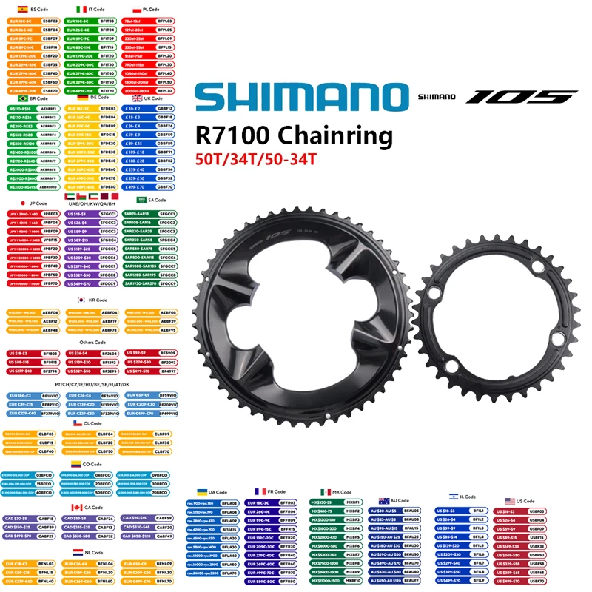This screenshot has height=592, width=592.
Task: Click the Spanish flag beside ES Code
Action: (15, 8)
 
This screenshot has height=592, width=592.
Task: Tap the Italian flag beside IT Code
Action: (81, 8)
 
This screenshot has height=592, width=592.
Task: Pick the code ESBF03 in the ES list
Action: (50, 21)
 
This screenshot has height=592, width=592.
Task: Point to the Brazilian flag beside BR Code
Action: (22, 98)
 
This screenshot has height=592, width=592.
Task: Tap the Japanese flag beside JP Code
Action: (23, 203)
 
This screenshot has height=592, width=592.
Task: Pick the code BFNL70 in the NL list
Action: (164, 582)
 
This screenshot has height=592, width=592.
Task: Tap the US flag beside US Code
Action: (510, 501)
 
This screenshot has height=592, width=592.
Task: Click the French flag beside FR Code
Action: (260, 491)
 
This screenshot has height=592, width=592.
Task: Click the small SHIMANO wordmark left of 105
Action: (438, 96)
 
